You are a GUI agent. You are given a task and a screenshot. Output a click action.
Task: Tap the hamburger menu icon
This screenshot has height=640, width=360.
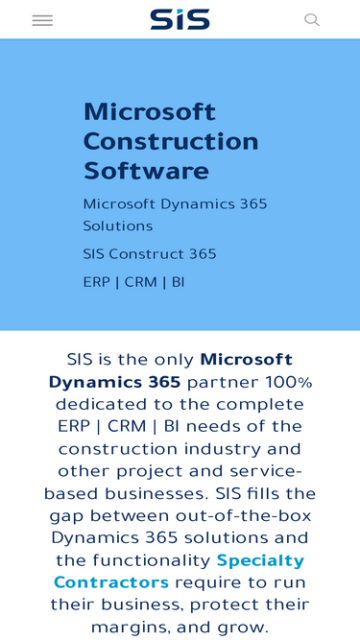click(42, 20)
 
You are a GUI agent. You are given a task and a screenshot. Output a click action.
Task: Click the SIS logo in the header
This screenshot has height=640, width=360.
click(180, 19)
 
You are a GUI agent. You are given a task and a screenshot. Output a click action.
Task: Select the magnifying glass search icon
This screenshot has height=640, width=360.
click(312, 19)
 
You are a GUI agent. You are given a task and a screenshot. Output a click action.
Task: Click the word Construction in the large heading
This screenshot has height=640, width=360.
click(171, 141)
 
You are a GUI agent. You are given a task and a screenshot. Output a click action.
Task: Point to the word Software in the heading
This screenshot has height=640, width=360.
click(146, 171)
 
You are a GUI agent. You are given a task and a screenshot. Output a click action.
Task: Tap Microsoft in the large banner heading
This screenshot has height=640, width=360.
click(150, 111)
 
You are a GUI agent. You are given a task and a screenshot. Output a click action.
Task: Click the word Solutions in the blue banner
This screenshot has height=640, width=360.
click(118, 225)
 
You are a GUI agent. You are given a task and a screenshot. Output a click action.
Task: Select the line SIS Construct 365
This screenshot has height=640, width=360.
click(150, 254)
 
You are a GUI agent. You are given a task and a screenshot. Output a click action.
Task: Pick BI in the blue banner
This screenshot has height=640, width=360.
click(178, 282)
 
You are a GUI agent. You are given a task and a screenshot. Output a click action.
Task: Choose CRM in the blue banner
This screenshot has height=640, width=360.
click(141, 282)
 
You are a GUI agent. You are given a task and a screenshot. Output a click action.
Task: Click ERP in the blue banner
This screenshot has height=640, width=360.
click(97, 282)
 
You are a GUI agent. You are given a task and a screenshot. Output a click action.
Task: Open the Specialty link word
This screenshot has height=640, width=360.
click(260, 560)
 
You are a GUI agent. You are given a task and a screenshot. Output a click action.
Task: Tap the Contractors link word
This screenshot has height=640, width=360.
click(111, 582)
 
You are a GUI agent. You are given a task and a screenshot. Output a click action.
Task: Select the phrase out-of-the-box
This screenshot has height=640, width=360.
click(244, 516)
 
